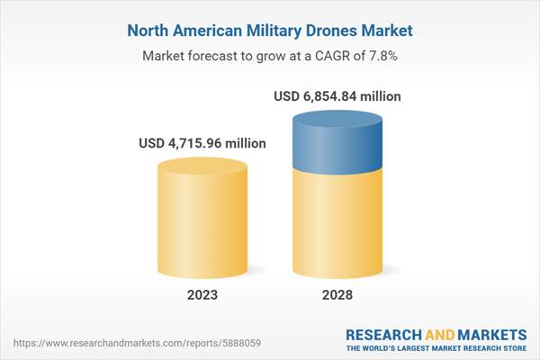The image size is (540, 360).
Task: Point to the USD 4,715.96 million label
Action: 202,142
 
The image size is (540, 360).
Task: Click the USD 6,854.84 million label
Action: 336,95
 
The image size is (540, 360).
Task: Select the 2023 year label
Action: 202,294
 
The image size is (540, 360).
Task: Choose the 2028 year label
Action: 336,294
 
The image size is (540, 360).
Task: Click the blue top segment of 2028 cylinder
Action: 336,144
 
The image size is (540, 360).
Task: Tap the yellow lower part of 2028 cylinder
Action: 336,225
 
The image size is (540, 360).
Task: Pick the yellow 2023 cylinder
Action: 202,225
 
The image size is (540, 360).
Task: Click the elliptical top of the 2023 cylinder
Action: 202,166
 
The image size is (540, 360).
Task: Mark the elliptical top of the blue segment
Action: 336,120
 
